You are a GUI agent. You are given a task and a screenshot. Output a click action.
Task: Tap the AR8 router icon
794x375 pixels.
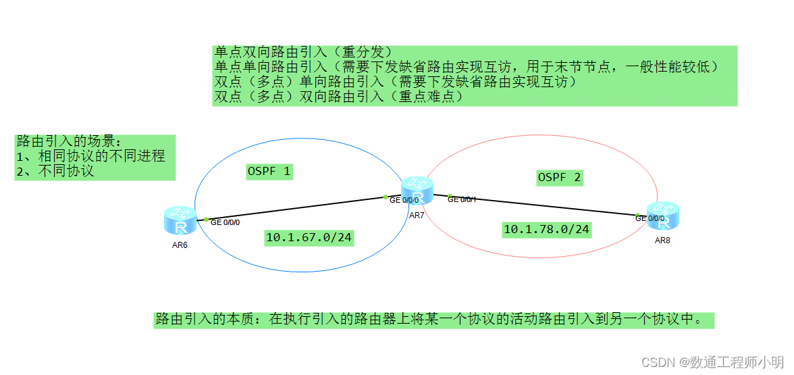click(x=662, y=216)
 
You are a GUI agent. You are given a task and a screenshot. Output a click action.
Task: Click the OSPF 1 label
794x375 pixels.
click(x=269, y=172)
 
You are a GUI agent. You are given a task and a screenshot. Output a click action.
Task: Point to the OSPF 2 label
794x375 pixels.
click(x=559, y=178)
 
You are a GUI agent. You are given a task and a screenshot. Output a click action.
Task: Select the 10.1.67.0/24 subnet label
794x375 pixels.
click(x=309, y=237)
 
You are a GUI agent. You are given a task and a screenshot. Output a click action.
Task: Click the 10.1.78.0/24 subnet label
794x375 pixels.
click(x=546, y=230)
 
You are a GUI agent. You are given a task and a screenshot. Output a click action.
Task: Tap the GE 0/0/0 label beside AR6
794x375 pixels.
click(x=226, y=222)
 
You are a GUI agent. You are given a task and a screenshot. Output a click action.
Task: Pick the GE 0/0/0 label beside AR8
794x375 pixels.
click(x=650, y=218)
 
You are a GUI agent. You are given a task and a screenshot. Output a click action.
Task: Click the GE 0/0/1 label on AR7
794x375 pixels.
click(x=462, y=200)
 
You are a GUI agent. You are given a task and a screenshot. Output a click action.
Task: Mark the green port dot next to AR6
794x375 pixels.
click(x=206, y=219)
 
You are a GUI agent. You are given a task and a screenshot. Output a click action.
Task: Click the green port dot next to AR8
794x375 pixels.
click(x=637, y=215)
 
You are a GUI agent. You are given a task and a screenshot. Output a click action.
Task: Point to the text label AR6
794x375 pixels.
click(x=180, y=245)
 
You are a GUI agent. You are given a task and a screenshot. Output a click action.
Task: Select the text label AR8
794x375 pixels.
click(x=662, y=241)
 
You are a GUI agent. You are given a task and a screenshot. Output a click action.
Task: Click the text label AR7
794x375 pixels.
click(x=417, y=216)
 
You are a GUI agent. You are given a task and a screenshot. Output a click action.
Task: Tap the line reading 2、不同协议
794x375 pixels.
click(x=55, y=171)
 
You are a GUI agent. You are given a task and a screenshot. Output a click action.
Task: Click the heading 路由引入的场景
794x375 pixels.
click(x=68, y=142)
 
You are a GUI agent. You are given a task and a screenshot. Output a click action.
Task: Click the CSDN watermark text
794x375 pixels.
click(x=713, y=363)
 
